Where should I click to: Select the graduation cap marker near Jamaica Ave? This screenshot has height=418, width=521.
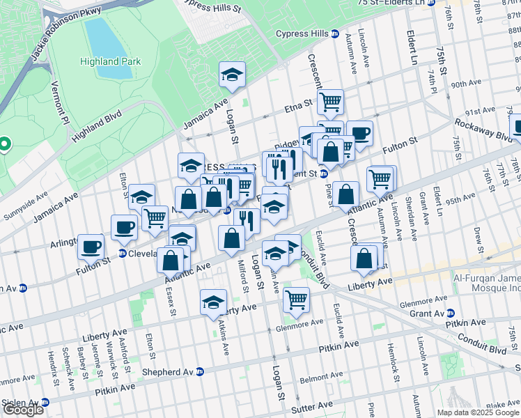click(233, 75)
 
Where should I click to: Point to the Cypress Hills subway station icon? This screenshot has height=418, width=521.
click(335, 33)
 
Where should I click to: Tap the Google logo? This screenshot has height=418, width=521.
click(22, 410)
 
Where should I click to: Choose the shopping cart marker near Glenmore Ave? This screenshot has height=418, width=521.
click(297, 299)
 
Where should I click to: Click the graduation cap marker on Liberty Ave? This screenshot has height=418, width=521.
click(213, 302)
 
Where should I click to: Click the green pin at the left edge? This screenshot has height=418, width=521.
click(4, 145)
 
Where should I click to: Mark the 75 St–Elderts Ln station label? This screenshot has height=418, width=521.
click(391, 3)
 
